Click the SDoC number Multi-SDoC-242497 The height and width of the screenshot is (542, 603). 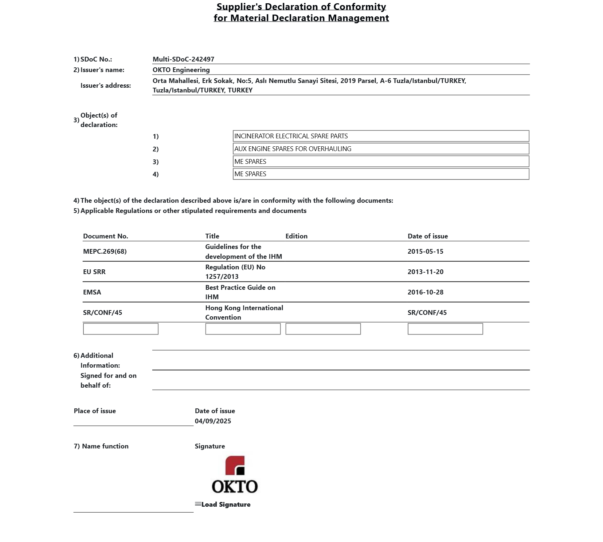pyautogui.click(x=183, y=59)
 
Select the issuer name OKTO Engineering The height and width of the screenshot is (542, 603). pyautogui.click(x=181, y=70)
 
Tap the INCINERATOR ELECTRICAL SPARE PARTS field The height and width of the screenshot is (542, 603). pyautogui.click(x=381, y=136)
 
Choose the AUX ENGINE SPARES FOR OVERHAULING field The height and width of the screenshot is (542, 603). pyautogui.click(x=381, y=149)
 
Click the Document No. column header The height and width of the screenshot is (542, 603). pyautogui.click(x=106, y=236)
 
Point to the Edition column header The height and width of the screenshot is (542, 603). pyautogui.click(x=296, y=236)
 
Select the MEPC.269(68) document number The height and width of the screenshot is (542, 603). pyautogui.click(x=105, y=252)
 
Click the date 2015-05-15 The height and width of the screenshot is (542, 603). pyautogui.click(x=425, y=252)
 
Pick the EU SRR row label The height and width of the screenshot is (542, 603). pyautogui.click(x=94, y=272)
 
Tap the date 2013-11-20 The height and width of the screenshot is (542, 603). pyautogui.click(x=425, y=272)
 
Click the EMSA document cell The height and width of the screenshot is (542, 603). pyautogui.click(x=92, y=292)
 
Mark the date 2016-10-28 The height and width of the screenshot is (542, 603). pyautogui.click(x=425, y=292)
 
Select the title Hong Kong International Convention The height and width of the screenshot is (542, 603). pyautogui.click(x=244, y=313)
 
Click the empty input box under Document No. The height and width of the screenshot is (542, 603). pyautogui.click(x=121, y=329)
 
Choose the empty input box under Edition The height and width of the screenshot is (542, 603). pyautogui.click(x=323, y=329)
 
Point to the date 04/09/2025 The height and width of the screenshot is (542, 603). pyautogui.click(x=213, y=421)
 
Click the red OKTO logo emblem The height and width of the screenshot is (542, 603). pyautogui.click(x=235, y=466)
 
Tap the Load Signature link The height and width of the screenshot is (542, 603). pyautogui.click(x=226, y=505)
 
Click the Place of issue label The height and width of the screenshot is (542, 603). pyautogui.click(x=95, y=411)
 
